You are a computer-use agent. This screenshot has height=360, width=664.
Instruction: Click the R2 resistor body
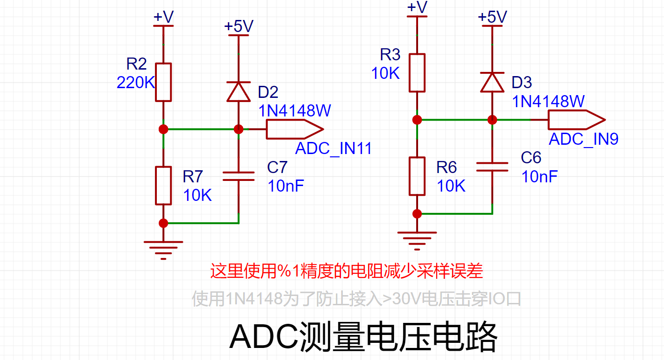[x=163, y=83]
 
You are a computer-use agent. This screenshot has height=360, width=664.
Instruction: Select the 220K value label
[x=136, y=83]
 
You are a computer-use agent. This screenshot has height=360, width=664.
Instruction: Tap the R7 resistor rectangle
[x=163, y=186]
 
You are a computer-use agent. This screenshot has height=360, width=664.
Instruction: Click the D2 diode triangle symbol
[x=239, y=91]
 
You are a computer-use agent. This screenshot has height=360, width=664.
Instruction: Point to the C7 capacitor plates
[x=239, y=176]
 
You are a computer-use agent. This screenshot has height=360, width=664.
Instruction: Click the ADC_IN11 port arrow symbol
[x=295, y=129]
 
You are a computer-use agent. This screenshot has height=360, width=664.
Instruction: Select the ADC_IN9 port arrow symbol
[x=577, y=120]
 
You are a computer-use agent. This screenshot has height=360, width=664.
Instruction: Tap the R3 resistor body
[x=417, y=73]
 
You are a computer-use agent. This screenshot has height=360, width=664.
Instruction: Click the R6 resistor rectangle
[x=417, y=176]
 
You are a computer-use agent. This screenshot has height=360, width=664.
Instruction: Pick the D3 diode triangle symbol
[x=492, y=82]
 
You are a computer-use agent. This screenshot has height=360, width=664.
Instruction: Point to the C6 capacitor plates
[x=492, y=167]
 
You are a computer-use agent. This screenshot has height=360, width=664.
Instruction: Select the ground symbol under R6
[x=417, y=241]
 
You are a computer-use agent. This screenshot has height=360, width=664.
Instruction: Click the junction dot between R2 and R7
[x=163, y=129]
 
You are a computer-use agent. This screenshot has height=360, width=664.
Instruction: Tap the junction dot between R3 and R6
[x=417, y=120]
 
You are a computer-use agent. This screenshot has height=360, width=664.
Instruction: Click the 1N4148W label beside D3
[x=548, y=101]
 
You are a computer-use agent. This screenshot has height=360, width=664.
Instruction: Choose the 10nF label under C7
[x=286, y=186]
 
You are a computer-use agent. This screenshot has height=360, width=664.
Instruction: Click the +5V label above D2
[x=239, y=26]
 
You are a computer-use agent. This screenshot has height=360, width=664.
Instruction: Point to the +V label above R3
[x=417, y=7]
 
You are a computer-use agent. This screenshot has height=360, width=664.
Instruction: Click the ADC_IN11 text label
[x=334, y=148]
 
